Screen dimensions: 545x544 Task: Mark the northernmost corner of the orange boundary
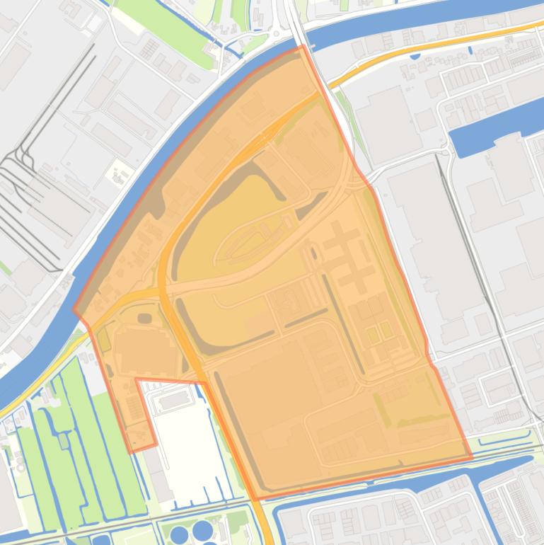point(303,46)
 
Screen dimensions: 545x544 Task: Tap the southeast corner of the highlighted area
point(471,458)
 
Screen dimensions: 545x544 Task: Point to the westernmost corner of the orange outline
point(74,311)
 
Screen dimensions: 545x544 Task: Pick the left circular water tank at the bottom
point(181,532)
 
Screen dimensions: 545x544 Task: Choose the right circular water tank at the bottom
point(203,530)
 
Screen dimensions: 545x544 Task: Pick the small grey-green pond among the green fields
point(63,441)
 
